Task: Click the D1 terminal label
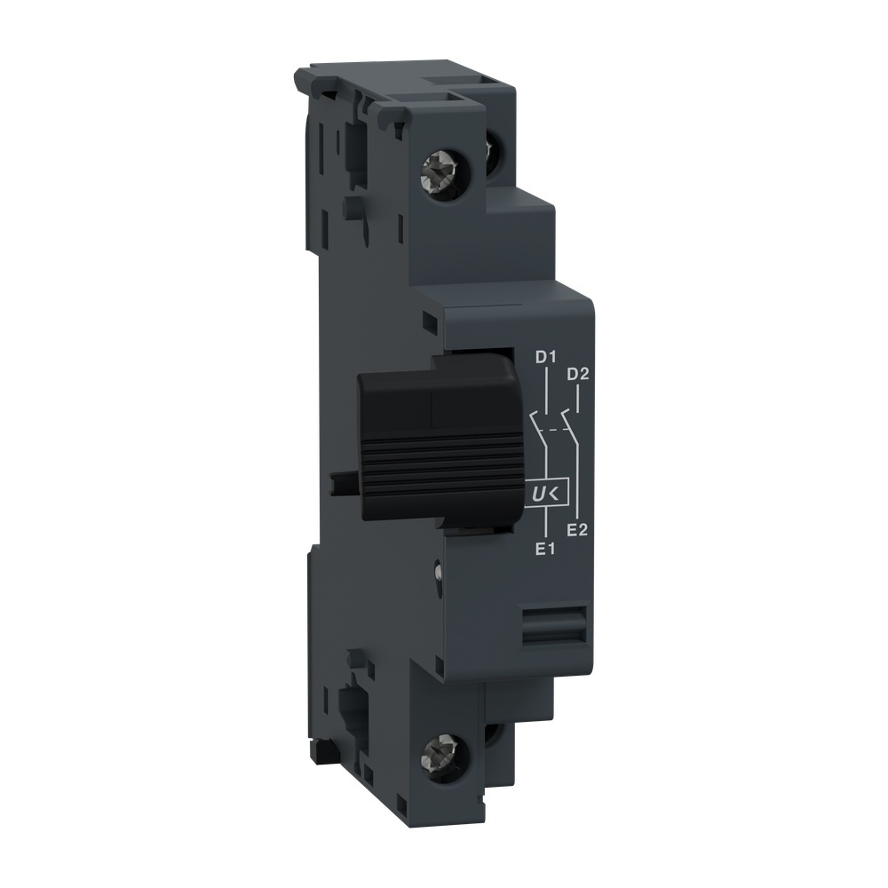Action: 544,358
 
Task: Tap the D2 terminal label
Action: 578,373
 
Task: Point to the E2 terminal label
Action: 578,531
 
